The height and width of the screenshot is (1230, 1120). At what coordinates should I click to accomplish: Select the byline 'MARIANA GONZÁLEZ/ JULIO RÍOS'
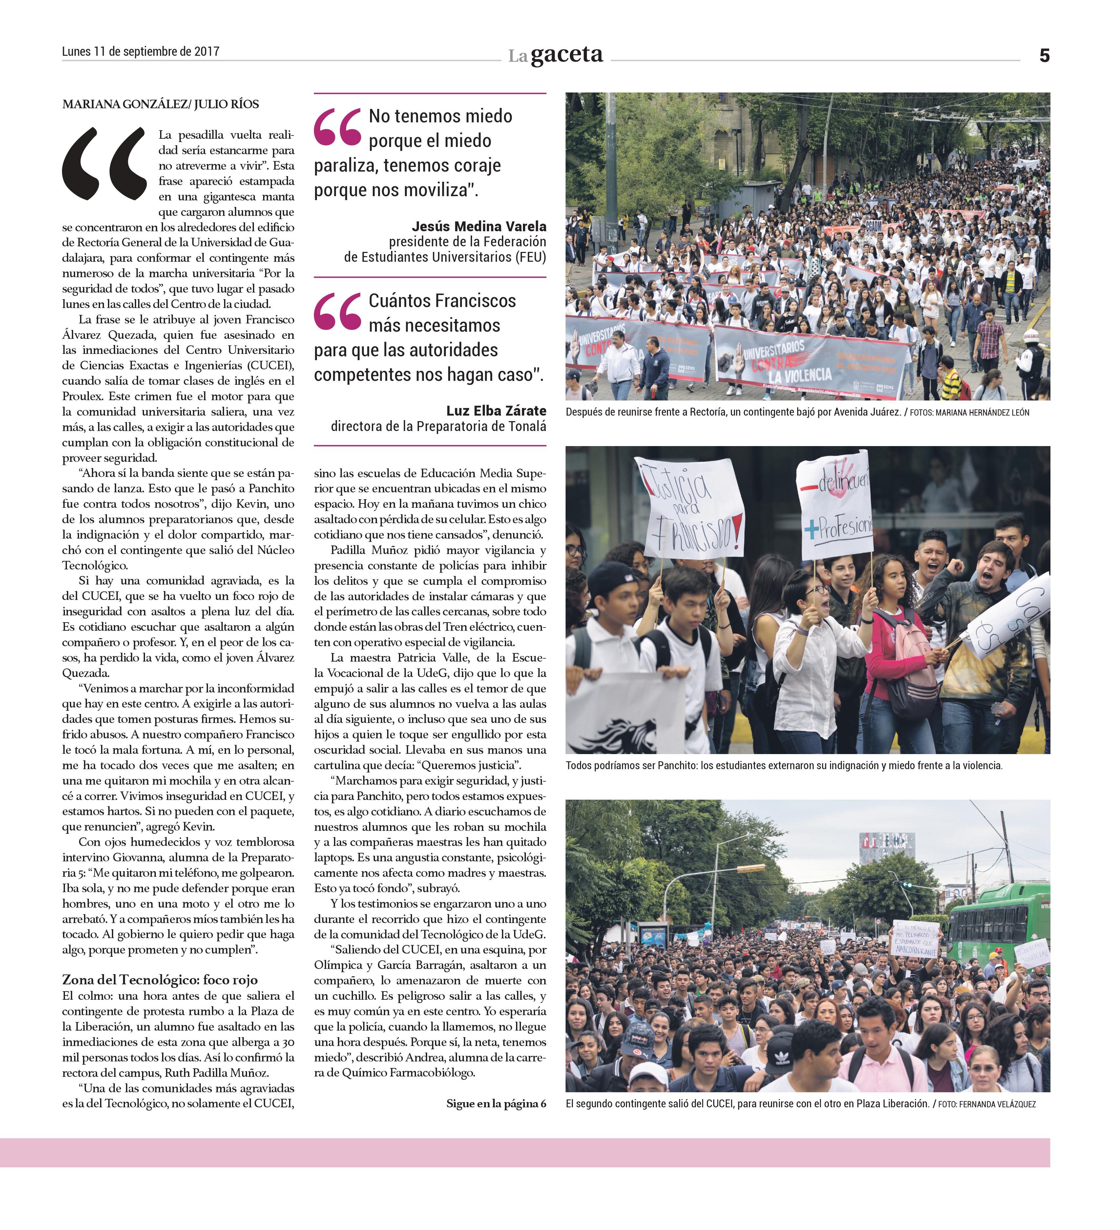tap(160, 104)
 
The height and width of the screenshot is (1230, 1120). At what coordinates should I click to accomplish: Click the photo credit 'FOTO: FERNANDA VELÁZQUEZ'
tap(986, 1104)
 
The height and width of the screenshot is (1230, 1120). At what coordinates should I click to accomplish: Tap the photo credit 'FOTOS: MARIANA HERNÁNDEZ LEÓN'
tap(969, 412)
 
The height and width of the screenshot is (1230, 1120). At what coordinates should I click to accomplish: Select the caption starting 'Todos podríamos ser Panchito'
tap(784, 765)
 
